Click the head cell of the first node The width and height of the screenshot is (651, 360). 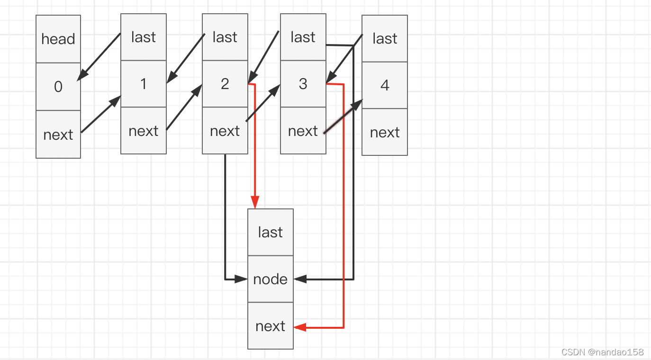pos(58,39)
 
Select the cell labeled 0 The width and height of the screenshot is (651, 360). pos(58,87)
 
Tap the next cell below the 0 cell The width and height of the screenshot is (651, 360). pos(58,135)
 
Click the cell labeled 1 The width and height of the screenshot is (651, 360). pos(143,84)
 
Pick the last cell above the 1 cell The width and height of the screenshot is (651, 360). pos(143,37)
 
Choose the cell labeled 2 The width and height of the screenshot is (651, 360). pos(225,84)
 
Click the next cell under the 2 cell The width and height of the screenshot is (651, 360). pos(225,131)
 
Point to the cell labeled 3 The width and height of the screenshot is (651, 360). pos(303,84)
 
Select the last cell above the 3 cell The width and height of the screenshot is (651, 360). pos(303,37)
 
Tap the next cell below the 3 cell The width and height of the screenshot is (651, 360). pos(303,131)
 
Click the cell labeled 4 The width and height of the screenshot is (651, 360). pos(384,85)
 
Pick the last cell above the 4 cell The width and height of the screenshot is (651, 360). pos(384,38)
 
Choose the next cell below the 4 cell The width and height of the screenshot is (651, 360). pos(384,132)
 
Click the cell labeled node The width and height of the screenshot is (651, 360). pos(270,279)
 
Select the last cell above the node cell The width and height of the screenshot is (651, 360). pos(270,232)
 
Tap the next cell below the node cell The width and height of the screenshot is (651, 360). pos(270,326)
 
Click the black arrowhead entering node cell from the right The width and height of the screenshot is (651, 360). pos(300,279)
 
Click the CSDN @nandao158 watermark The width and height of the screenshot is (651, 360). pos(602,352)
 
